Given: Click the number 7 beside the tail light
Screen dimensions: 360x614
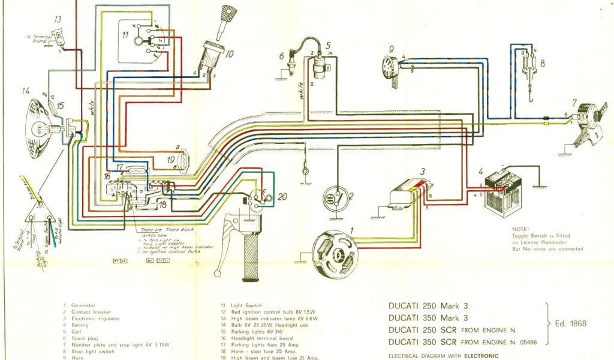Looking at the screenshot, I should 574,103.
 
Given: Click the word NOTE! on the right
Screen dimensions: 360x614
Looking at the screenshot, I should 521,229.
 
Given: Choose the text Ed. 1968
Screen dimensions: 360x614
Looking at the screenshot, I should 570,324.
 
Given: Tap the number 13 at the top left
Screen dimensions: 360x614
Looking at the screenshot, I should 58,20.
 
